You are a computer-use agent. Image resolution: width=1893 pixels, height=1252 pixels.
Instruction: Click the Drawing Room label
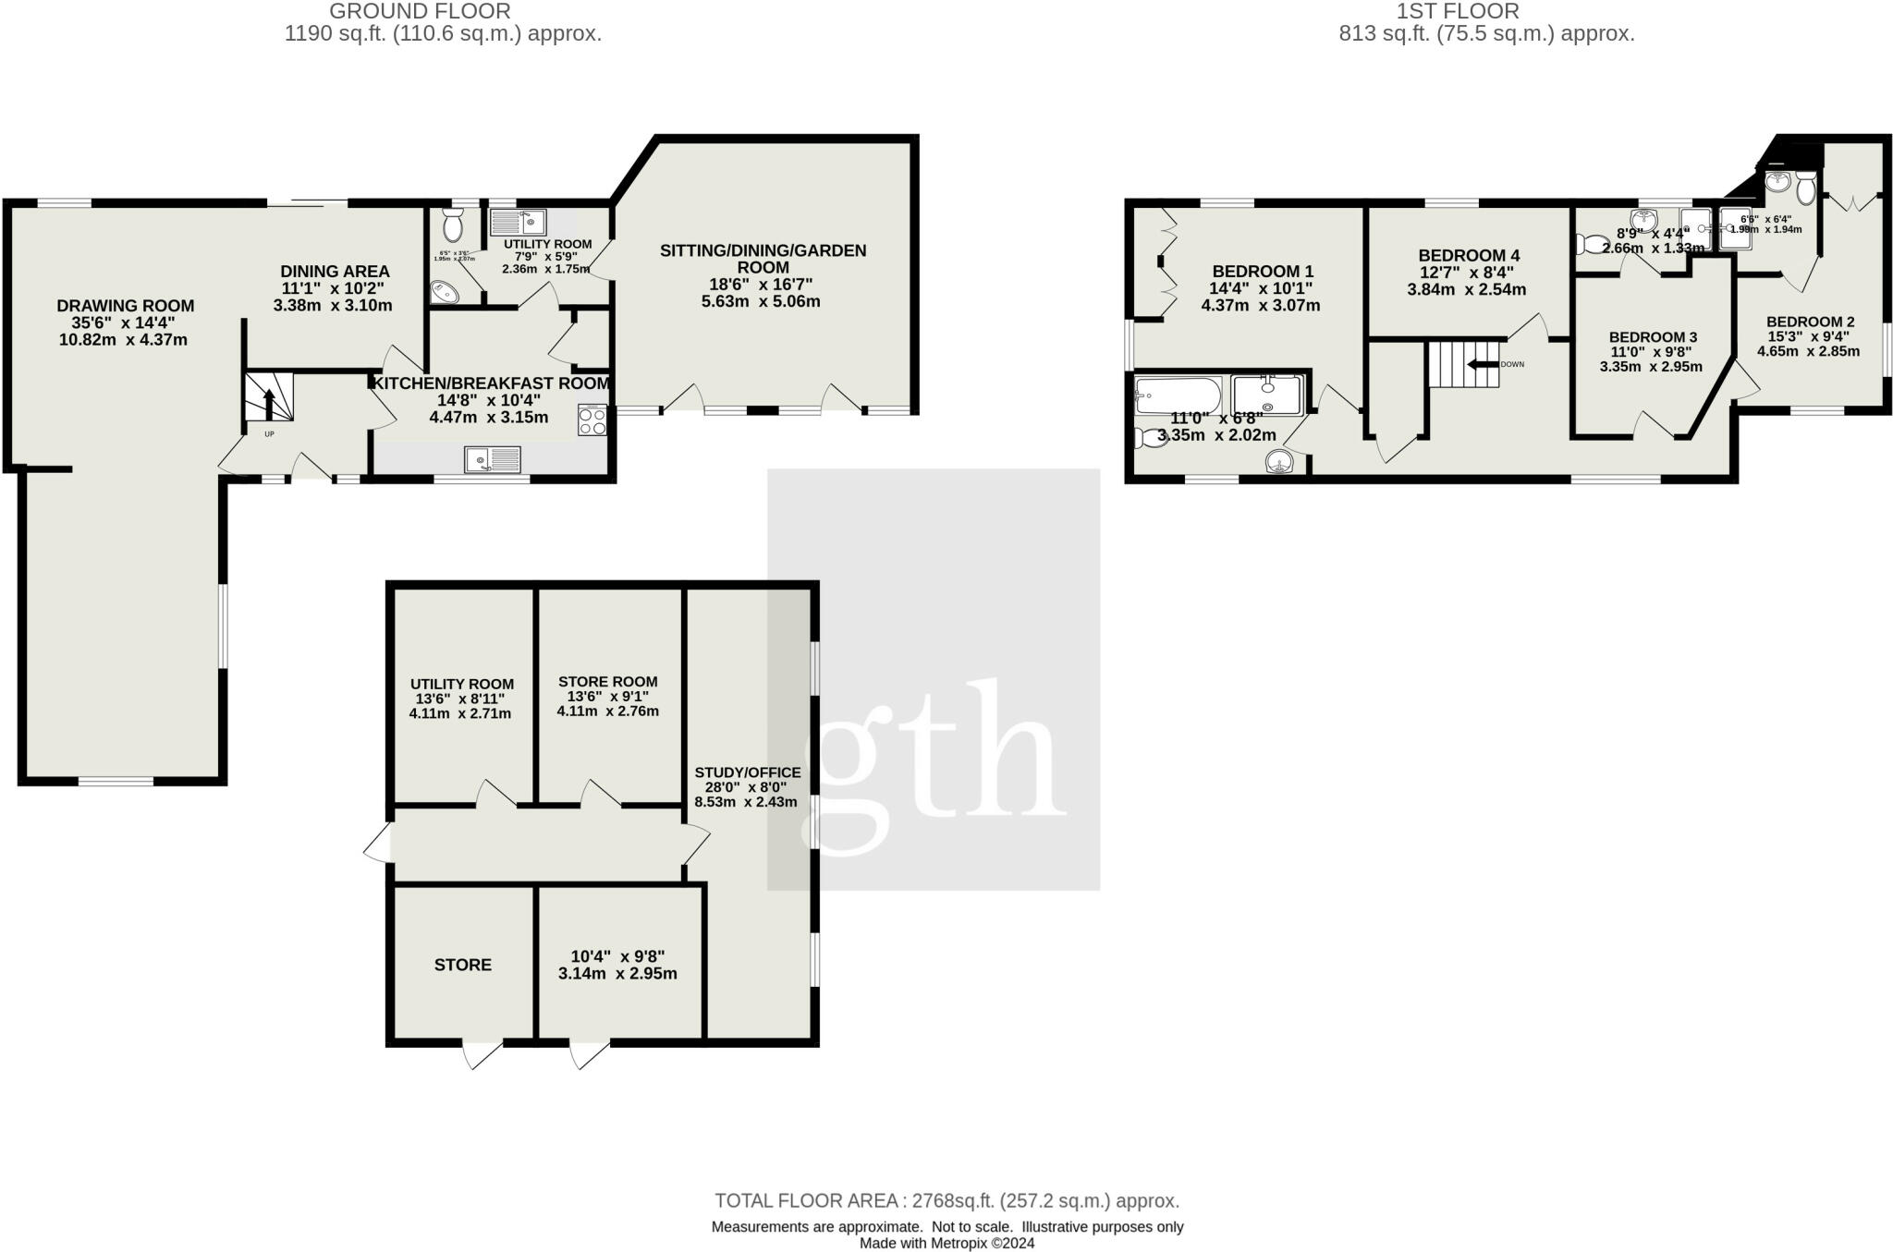(126, 306)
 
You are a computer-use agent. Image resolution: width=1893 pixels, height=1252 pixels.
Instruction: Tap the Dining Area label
(335, 272)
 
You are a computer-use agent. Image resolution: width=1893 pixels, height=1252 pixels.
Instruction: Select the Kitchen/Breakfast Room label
(491, 383)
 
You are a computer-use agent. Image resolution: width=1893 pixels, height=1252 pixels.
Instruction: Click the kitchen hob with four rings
(592, 420)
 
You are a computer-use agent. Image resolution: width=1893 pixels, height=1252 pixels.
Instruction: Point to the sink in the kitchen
(493, 458)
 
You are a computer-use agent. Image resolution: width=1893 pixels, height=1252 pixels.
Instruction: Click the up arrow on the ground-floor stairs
(269, 403)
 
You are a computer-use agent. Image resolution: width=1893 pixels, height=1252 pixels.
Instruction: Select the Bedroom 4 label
(1469, 255)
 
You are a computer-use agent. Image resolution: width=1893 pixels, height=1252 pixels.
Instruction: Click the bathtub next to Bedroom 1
(1177, 395)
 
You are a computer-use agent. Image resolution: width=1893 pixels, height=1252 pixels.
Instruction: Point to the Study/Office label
(748, 772)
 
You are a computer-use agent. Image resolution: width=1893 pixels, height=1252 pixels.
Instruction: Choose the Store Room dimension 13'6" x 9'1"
(608, 697)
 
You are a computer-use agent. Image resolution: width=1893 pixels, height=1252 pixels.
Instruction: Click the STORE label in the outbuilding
(463, 965)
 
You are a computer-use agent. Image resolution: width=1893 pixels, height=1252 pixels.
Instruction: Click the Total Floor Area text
(946, 1201)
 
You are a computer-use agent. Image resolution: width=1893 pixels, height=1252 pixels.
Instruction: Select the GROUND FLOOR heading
(420, 11)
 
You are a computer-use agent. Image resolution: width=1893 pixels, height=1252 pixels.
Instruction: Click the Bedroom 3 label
(1653, 337)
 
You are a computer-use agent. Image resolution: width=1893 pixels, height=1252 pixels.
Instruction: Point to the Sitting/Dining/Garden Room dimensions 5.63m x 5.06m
(761, 301)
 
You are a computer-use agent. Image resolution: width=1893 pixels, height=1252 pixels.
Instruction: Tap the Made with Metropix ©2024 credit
(946, 1243)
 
